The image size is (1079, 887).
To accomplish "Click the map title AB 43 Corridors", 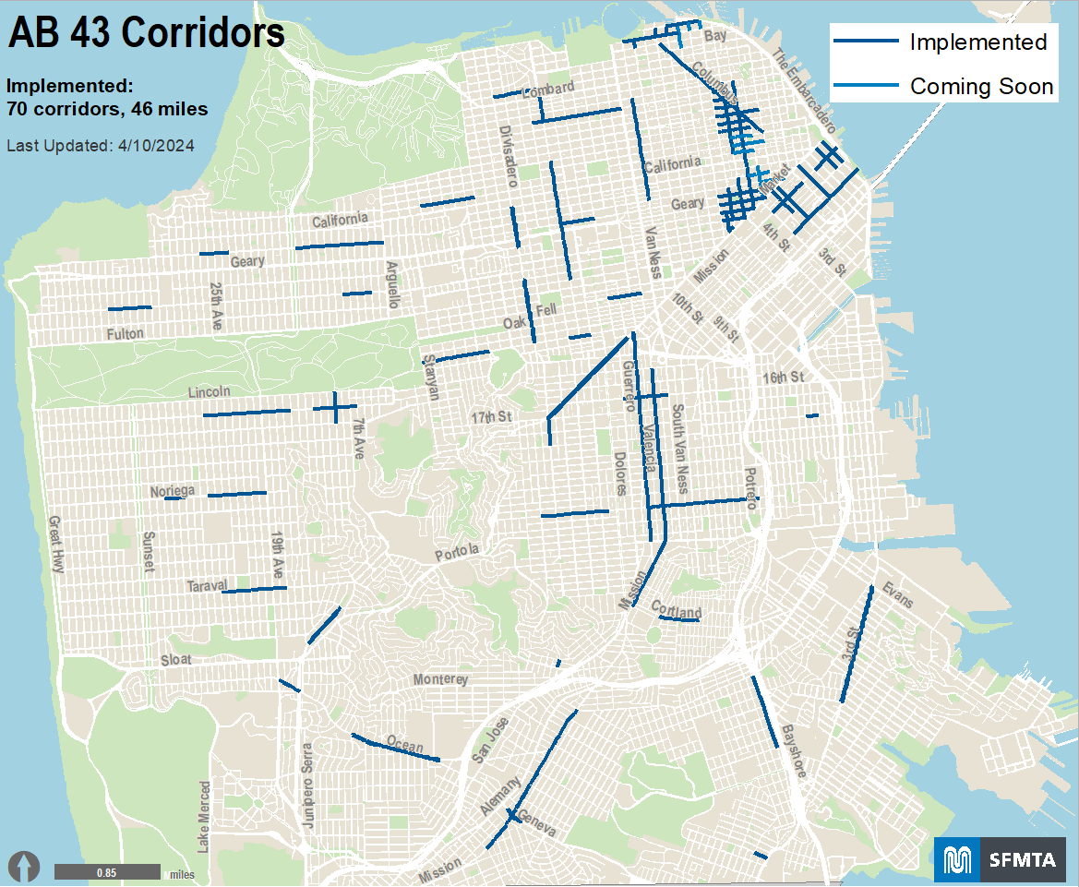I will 146,33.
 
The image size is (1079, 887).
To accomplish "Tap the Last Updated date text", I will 100,146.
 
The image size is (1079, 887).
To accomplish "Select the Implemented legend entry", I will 941,42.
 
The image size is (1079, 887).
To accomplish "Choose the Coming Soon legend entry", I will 941,87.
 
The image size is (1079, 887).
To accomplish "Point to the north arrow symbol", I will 25,867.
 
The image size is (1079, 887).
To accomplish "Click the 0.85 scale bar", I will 107,872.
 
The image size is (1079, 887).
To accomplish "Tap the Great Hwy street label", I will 56,545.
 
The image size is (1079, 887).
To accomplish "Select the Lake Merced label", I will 204,817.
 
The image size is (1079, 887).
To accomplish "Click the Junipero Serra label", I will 308,785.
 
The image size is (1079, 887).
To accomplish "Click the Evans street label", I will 897,595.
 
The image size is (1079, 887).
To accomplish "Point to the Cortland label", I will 677,611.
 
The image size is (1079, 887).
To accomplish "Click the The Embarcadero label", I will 804,90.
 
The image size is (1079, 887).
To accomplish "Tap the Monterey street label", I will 440,679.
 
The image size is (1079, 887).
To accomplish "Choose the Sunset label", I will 147,552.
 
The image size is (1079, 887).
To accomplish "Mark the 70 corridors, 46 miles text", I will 106,109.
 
